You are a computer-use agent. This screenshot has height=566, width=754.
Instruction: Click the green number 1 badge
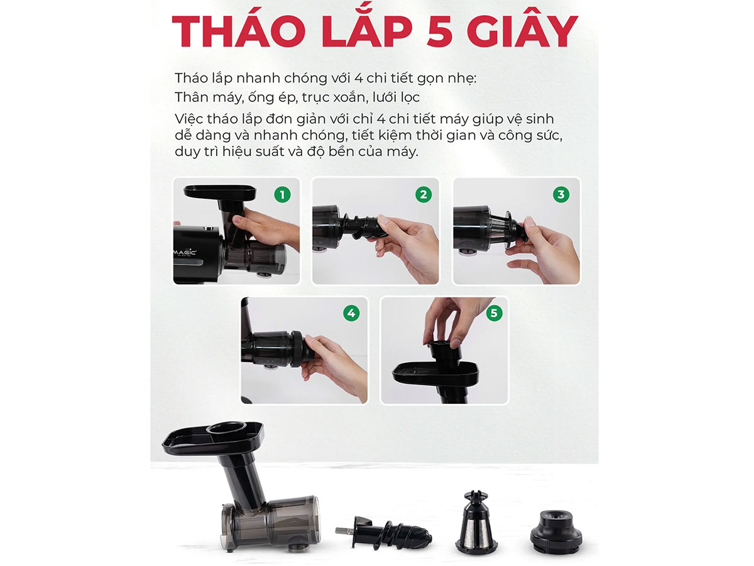[x=282, y=195]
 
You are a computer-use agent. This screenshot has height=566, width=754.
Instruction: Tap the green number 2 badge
[x=423, y=195]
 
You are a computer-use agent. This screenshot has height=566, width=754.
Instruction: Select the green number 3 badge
[x=561, y=195]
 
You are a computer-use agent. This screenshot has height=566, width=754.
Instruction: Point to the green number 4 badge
[x=351, y=313]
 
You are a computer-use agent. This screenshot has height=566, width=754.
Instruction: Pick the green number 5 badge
[x=494, y=313]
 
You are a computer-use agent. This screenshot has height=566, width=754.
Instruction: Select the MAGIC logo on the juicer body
[x=185, y=253]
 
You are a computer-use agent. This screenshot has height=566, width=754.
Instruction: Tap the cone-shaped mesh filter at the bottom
[x=476, y=523]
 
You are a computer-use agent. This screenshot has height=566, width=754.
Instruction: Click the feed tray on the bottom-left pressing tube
[x=213, y=439]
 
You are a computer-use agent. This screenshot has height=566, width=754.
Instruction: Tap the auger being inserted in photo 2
[x=364, y=226]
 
